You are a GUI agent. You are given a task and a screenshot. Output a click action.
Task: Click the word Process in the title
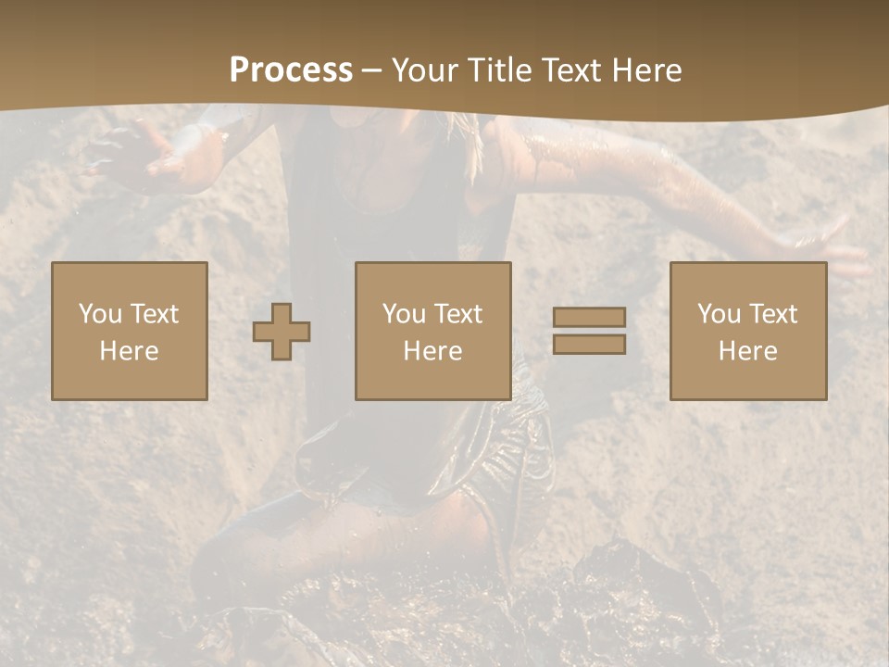coord(291,70)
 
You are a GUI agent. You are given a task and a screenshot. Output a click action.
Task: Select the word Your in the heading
coord(425,70)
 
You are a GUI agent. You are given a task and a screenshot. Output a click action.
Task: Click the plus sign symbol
coord(282,332)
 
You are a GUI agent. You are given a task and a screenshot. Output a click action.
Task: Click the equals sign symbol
coord(589,331)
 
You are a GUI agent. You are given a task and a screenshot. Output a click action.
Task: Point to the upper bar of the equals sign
coord(589,318)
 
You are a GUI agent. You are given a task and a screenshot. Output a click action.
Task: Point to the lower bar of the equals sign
coord(589,345)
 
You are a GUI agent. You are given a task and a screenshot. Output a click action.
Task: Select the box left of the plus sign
coord(130,331)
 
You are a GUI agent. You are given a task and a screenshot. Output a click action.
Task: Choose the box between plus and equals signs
coord(433,331)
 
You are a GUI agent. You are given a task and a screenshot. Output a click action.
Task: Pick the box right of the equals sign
coord(748,331)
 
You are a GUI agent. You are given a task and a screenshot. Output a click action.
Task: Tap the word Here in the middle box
coord(433,351)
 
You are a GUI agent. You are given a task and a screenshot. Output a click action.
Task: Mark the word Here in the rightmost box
coord(748,351)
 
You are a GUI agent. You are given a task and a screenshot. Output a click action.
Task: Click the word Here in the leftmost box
coord(130,351)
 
